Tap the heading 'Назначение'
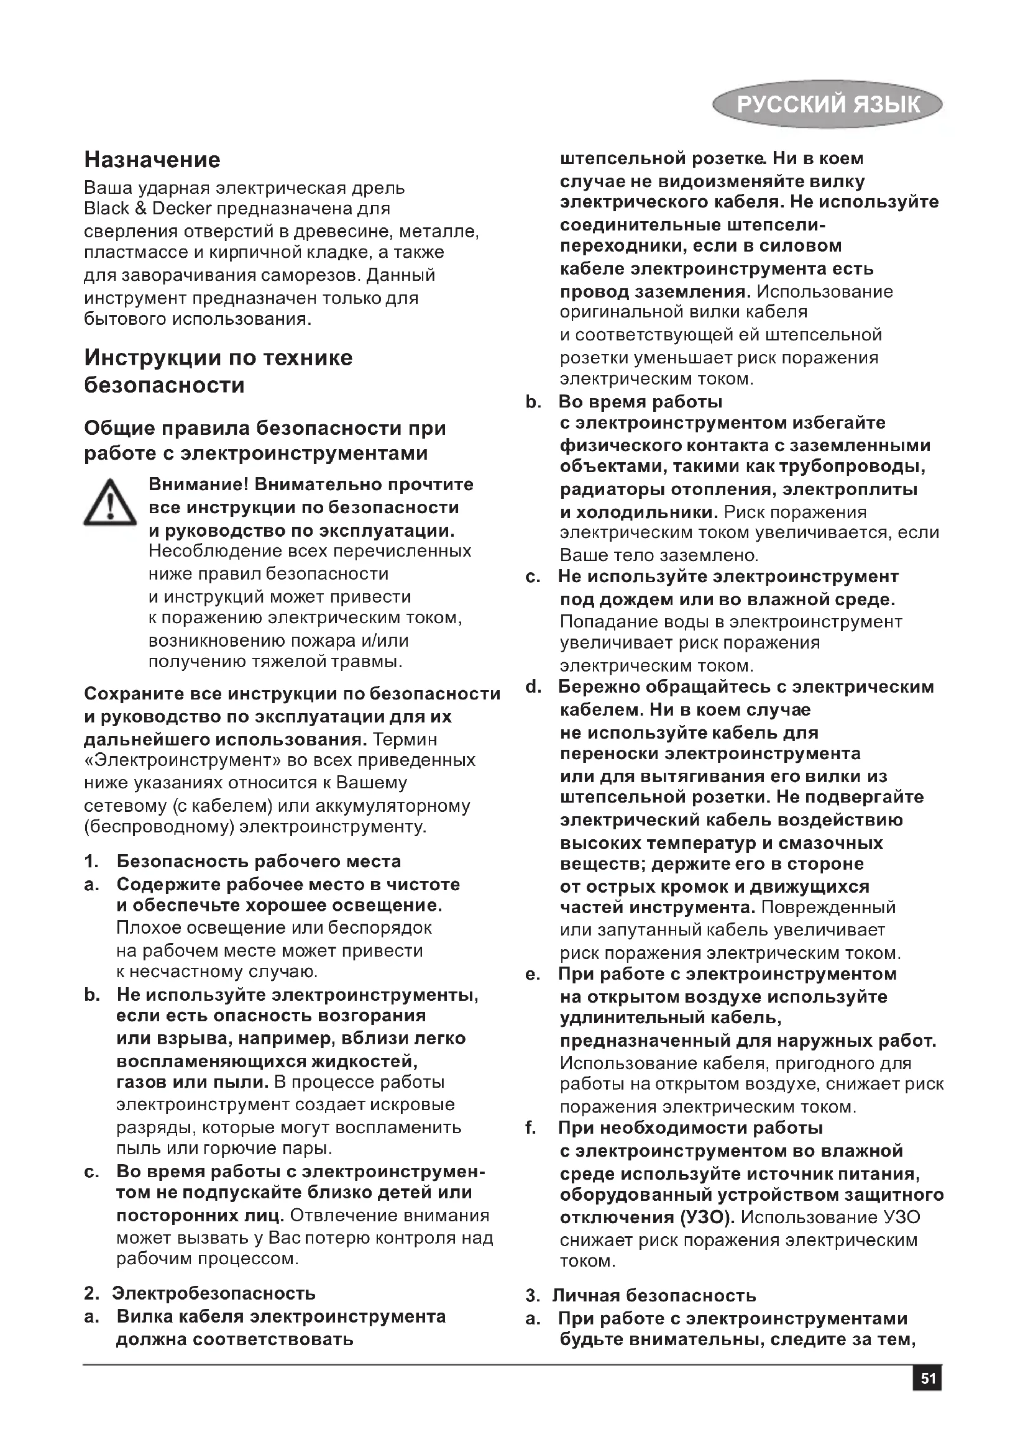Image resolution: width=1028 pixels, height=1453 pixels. pos(152,160)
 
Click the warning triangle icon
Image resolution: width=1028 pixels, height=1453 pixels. pos(110,503)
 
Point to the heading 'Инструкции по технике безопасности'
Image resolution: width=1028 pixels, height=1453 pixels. pos(218,371)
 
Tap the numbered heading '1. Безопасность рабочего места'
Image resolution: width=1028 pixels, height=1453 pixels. pos(242,860)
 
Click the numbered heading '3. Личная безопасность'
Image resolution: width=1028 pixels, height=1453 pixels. pos(641,1295)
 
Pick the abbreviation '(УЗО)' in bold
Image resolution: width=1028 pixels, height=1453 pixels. pos(708,1217)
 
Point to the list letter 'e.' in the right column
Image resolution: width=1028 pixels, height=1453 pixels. pos(533,975)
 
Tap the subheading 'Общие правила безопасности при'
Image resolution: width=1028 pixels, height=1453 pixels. pos(265,428)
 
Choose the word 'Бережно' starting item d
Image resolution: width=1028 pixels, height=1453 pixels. pos(595,686)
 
